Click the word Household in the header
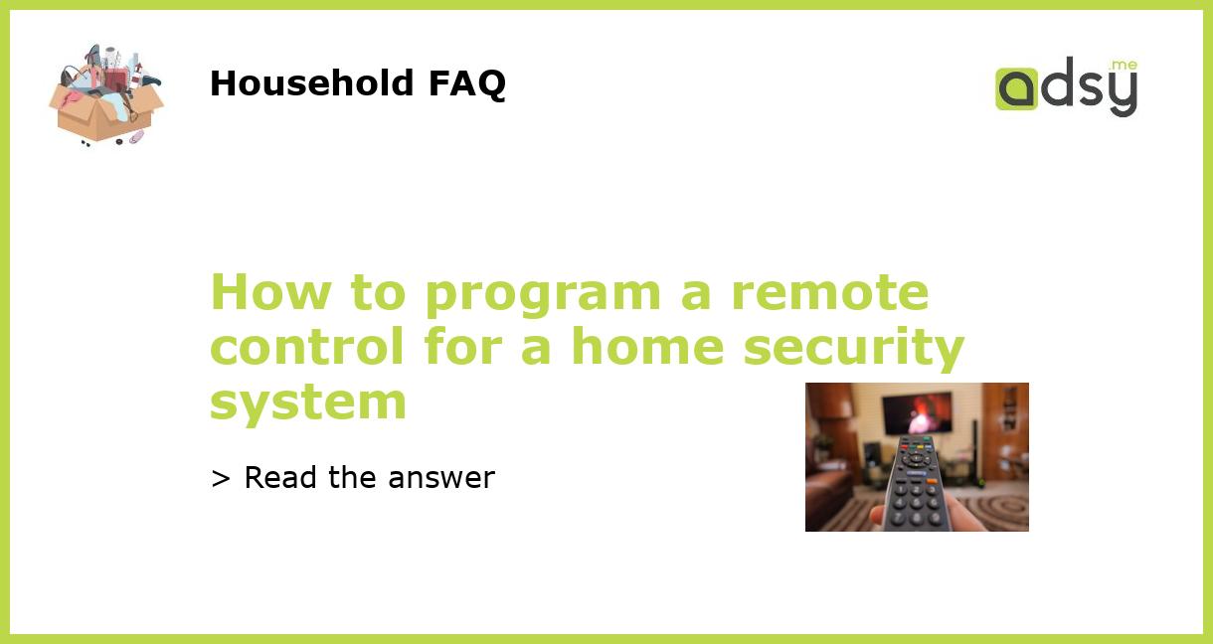coord(312,83)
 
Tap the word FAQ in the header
coord(466,83)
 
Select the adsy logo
coord(1067,86)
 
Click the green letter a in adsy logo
coord(1016,89)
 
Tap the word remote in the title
coord(829,293)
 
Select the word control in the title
coord(308,347)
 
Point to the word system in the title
coord(308,402)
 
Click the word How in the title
coord(260,293)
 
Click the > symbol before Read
coord(221,478)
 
